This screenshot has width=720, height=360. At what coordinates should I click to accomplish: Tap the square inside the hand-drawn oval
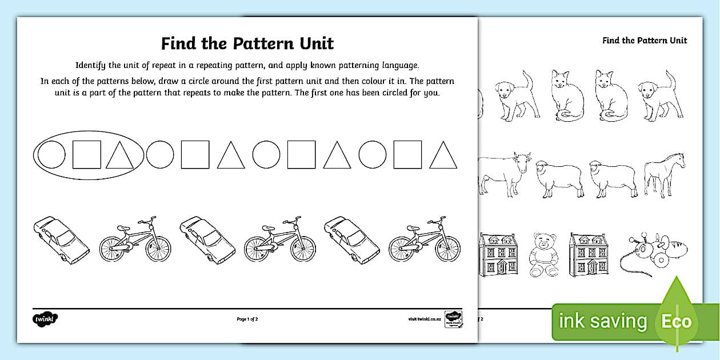point(87,154)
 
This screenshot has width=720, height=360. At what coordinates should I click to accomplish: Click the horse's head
point(678,159)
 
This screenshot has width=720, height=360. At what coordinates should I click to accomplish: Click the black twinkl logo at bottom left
point(46,318)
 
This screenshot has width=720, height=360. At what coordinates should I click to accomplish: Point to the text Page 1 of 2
point(247,319)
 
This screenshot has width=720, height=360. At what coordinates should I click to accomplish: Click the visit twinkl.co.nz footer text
point(423,319)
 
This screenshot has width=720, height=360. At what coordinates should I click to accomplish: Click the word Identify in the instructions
point(92,65)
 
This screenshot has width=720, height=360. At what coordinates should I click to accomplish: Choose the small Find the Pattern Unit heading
point(645,41)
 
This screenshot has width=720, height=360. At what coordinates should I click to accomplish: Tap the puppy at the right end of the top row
point(661,95)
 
